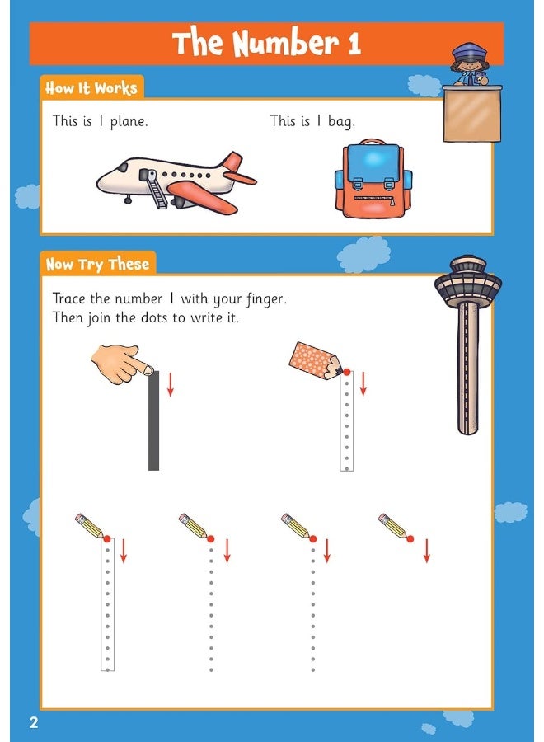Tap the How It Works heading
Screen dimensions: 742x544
click(91, 88)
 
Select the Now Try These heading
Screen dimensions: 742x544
click(97, 265)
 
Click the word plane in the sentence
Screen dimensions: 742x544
click(129, 121)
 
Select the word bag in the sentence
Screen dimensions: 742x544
click(340, 121)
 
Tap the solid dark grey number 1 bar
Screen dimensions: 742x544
click(153, 420)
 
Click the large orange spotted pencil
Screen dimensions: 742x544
click(313, 359)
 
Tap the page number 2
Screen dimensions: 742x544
click(34, 723)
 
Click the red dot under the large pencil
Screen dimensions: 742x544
click(346, 373)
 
